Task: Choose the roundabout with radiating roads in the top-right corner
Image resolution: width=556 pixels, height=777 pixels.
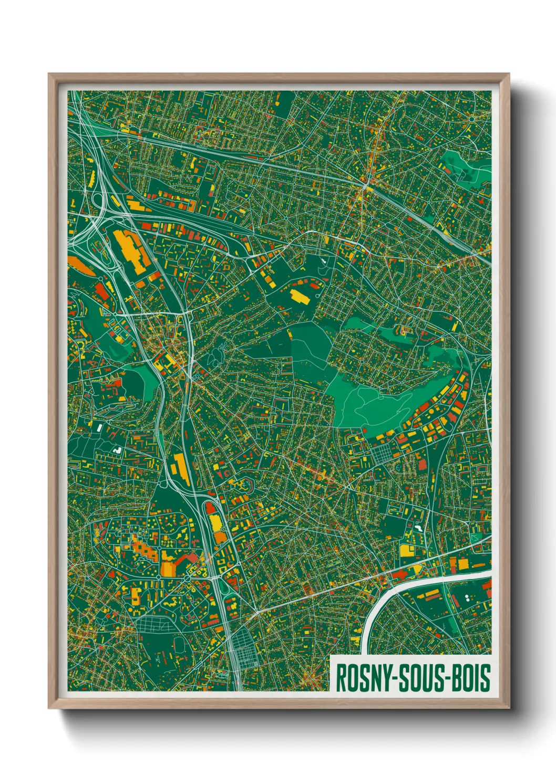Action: point(471,119)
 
